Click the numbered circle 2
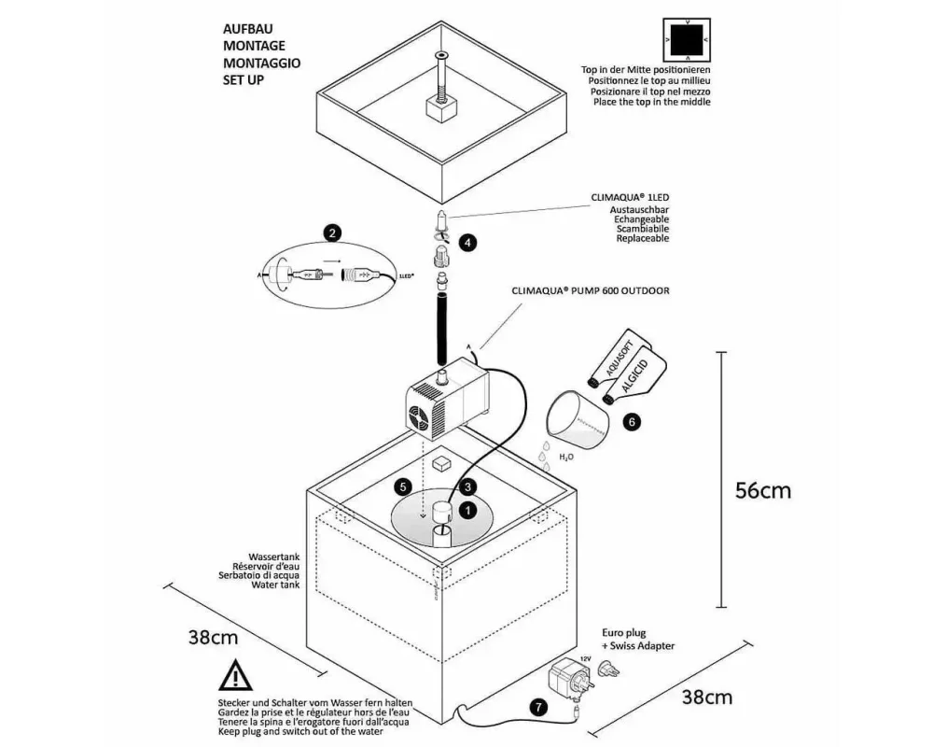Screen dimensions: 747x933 [x=332, y=233]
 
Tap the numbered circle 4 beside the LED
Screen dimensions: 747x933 [x=468, y=241]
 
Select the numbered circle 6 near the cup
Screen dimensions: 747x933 [x=632, y=422]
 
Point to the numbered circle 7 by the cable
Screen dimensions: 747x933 [x=536, y=707]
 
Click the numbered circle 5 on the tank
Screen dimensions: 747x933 [x=403, y=486]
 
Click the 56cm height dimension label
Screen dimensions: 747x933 [x=763, y=490]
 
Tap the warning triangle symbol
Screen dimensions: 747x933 [x=234, y=677]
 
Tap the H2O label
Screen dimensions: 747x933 [x=566, y=458]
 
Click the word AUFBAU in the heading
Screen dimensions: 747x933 [x=246, y=28]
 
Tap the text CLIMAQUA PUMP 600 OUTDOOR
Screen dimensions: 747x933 [x=590, y=290]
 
